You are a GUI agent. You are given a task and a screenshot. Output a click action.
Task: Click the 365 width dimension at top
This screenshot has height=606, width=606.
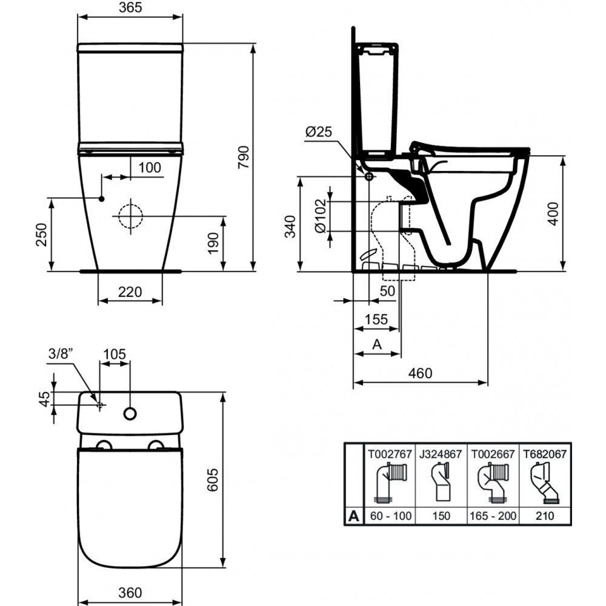coord(130,7)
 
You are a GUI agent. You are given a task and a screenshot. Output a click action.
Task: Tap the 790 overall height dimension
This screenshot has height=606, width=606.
coord(244,157)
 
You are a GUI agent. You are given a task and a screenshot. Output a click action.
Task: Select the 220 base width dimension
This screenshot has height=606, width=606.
coord(130,291)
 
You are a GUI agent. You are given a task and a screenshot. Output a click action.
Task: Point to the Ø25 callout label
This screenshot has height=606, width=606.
coord(319,132)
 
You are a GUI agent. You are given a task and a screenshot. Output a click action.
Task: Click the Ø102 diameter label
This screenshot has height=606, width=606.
coord(321,216)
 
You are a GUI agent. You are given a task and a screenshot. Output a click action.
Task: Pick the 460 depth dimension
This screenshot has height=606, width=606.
coord(420,373)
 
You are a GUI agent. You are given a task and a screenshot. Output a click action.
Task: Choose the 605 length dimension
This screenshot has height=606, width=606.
coord(213,479)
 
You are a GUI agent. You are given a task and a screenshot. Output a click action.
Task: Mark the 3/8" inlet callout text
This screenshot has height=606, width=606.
coord(61,353)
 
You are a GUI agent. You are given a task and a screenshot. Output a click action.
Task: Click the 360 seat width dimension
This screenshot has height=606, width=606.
coord(130,592)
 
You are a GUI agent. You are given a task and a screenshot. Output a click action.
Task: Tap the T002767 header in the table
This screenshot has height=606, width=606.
coord(390,454)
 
